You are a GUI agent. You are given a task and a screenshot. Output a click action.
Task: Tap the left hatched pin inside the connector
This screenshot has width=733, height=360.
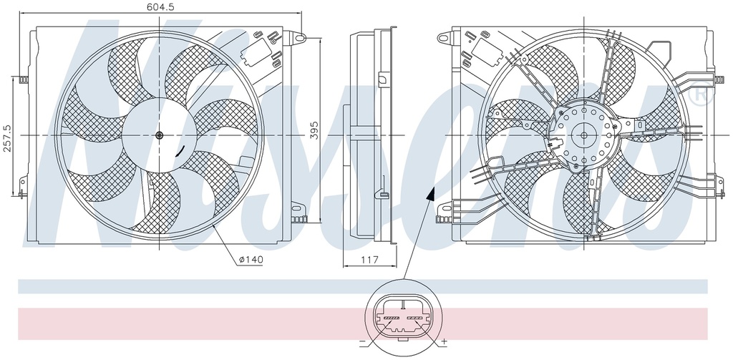point(392,316)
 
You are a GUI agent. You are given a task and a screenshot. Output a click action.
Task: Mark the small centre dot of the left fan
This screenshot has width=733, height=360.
point(159,135)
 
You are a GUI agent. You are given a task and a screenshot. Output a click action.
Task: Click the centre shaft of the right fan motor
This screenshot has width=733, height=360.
point(584,135)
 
